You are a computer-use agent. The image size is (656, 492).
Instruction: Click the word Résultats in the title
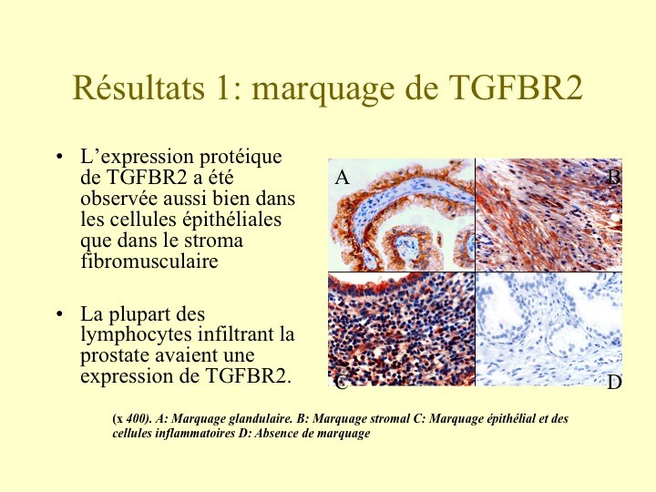tap(138, 87)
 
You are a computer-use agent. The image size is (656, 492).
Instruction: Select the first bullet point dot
tap(59, 158)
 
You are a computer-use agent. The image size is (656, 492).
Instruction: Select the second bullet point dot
tap(59, 313)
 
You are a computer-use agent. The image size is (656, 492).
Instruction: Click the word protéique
tap(241, 158)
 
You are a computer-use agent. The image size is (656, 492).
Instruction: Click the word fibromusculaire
tap(149, 261)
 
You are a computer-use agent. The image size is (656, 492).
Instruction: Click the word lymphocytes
tap(136, 335)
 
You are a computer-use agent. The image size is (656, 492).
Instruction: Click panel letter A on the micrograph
tap(342, 178)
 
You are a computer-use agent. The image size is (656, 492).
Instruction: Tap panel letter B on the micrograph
tap(613, 178)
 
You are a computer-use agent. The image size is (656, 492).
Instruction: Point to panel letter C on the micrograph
tap(342, 382)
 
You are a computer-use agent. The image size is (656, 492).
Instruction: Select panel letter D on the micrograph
tap(614, 383)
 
